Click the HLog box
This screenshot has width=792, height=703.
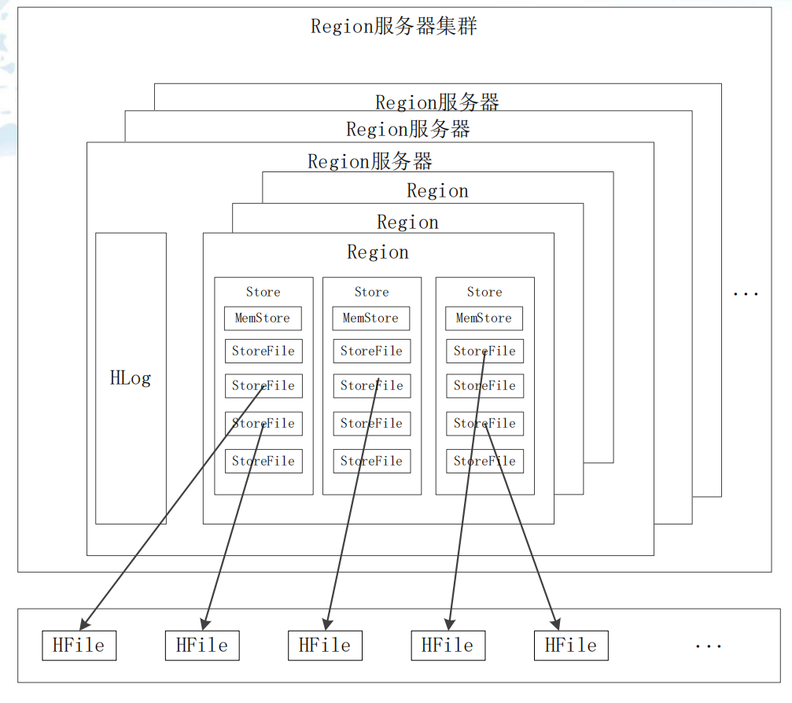click(x=131, y=378)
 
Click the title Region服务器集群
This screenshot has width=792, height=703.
click(x=394, y=27)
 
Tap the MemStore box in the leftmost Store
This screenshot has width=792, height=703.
click(x=263, y=318)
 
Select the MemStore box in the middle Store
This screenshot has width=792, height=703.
click(x=371, y=318)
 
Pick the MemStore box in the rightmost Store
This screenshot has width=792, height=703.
click(x=484, y=318)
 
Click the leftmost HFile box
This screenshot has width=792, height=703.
click(x=79, y=646)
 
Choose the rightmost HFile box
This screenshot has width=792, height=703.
click(x=571, y=646)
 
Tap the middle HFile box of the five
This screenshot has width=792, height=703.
click(x=325, y=646)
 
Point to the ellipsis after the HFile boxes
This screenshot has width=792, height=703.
click(x=708, y=646)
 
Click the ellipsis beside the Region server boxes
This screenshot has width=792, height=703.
click(x=745, y=293)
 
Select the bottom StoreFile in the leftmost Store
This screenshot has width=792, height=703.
click(x=263, y=462)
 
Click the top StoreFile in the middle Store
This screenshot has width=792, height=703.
click(x=371, y=351)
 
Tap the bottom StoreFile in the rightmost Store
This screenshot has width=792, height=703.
click(x=484, y=462)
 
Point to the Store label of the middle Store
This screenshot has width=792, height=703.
click(x=371, y=292)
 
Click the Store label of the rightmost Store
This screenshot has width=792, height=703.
click(x=484, y=292)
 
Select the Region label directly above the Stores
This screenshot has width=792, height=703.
click(x=378, y=252)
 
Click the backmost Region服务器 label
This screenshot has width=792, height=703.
click(x=437, y=102)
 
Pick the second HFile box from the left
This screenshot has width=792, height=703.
click(x=202, y=646)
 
